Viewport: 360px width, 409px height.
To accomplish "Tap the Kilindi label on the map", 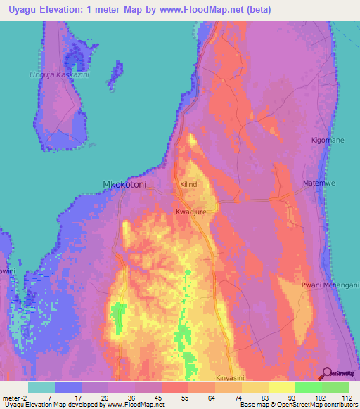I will [x=190, y=184].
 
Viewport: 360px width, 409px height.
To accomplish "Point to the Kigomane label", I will [x=328, y=141].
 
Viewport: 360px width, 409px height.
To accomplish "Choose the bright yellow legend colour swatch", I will [x=282, y=387].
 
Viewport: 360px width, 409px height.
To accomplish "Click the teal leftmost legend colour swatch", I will [x=41, y=387].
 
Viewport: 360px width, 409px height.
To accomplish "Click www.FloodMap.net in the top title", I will [x=200, y=9].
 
